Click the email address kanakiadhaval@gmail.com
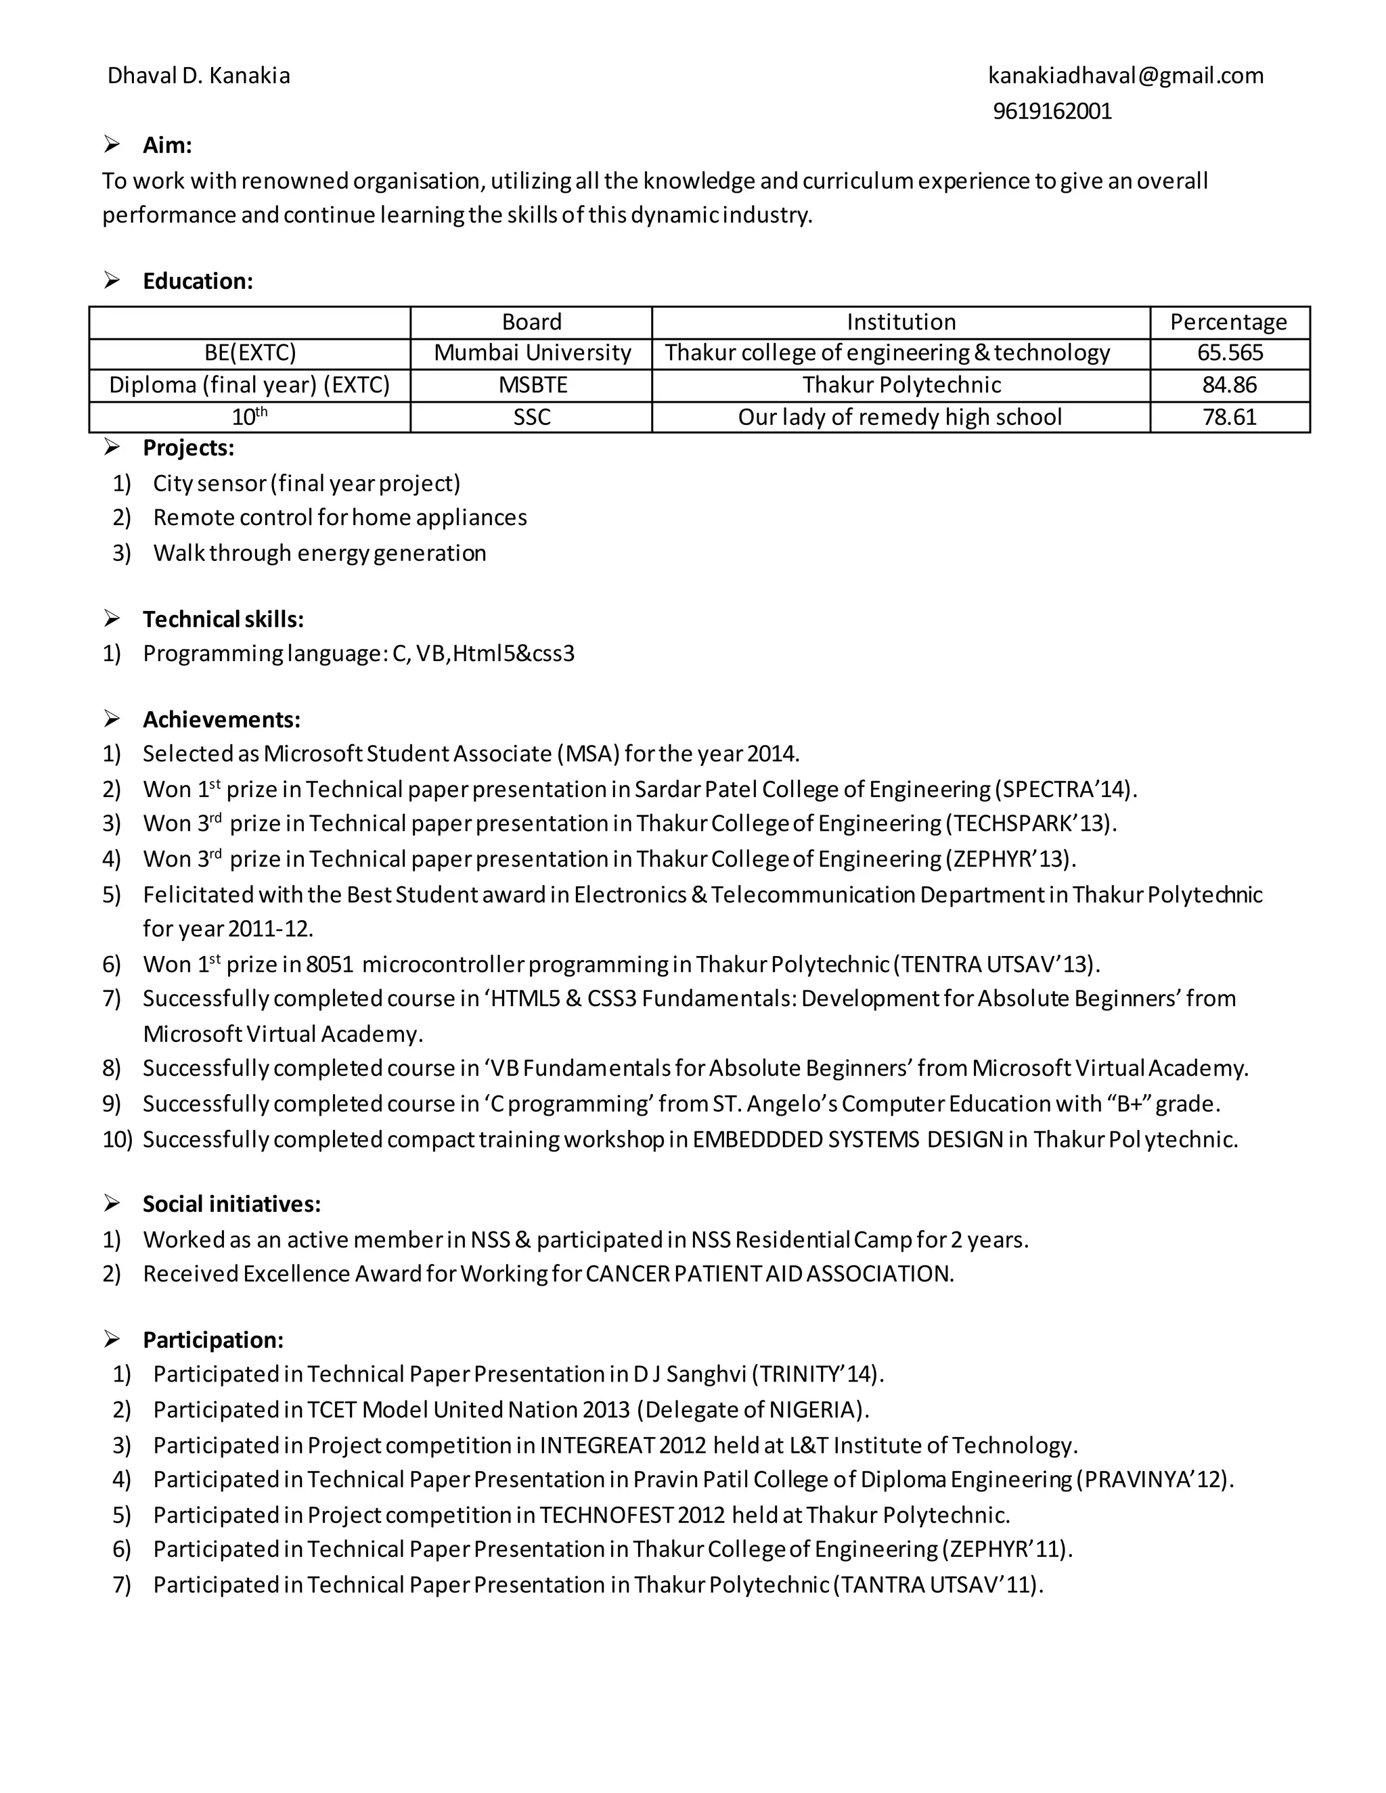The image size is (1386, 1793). pyautogui.click(x=1125, y=76)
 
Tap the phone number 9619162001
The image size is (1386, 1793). pyautogui.click(x=1052, y=111)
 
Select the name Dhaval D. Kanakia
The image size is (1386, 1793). pyautogui.click(x=199, y=76)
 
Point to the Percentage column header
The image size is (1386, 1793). pyautogui.click(x=1228, y=322)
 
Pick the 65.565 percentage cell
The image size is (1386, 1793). pyautogui.click(x=1229, y=353)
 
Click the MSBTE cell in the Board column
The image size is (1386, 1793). pyautogui.click(x=532, y=385)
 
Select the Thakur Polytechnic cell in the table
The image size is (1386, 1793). pyautogui.click(x=901, y=385)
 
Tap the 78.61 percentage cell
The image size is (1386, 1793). pyautogui.click(x=1229, y=417)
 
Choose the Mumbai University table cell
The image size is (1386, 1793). pyautogui.click(x=532, y=353)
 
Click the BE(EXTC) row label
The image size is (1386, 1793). pyautogui.click(x=250, y=353)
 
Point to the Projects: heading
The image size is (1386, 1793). pyautogui.click(x=188, y=448)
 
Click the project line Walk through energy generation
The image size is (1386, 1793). pyautogui.click(x=319, y=553)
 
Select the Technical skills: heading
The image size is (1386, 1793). pyautogui.click(x=223, y=619)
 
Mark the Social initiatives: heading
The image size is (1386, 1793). pyautogui.click(x=231, y=1204)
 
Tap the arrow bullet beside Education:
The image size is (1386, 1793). pyautogui.click(x=112, y=281)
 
